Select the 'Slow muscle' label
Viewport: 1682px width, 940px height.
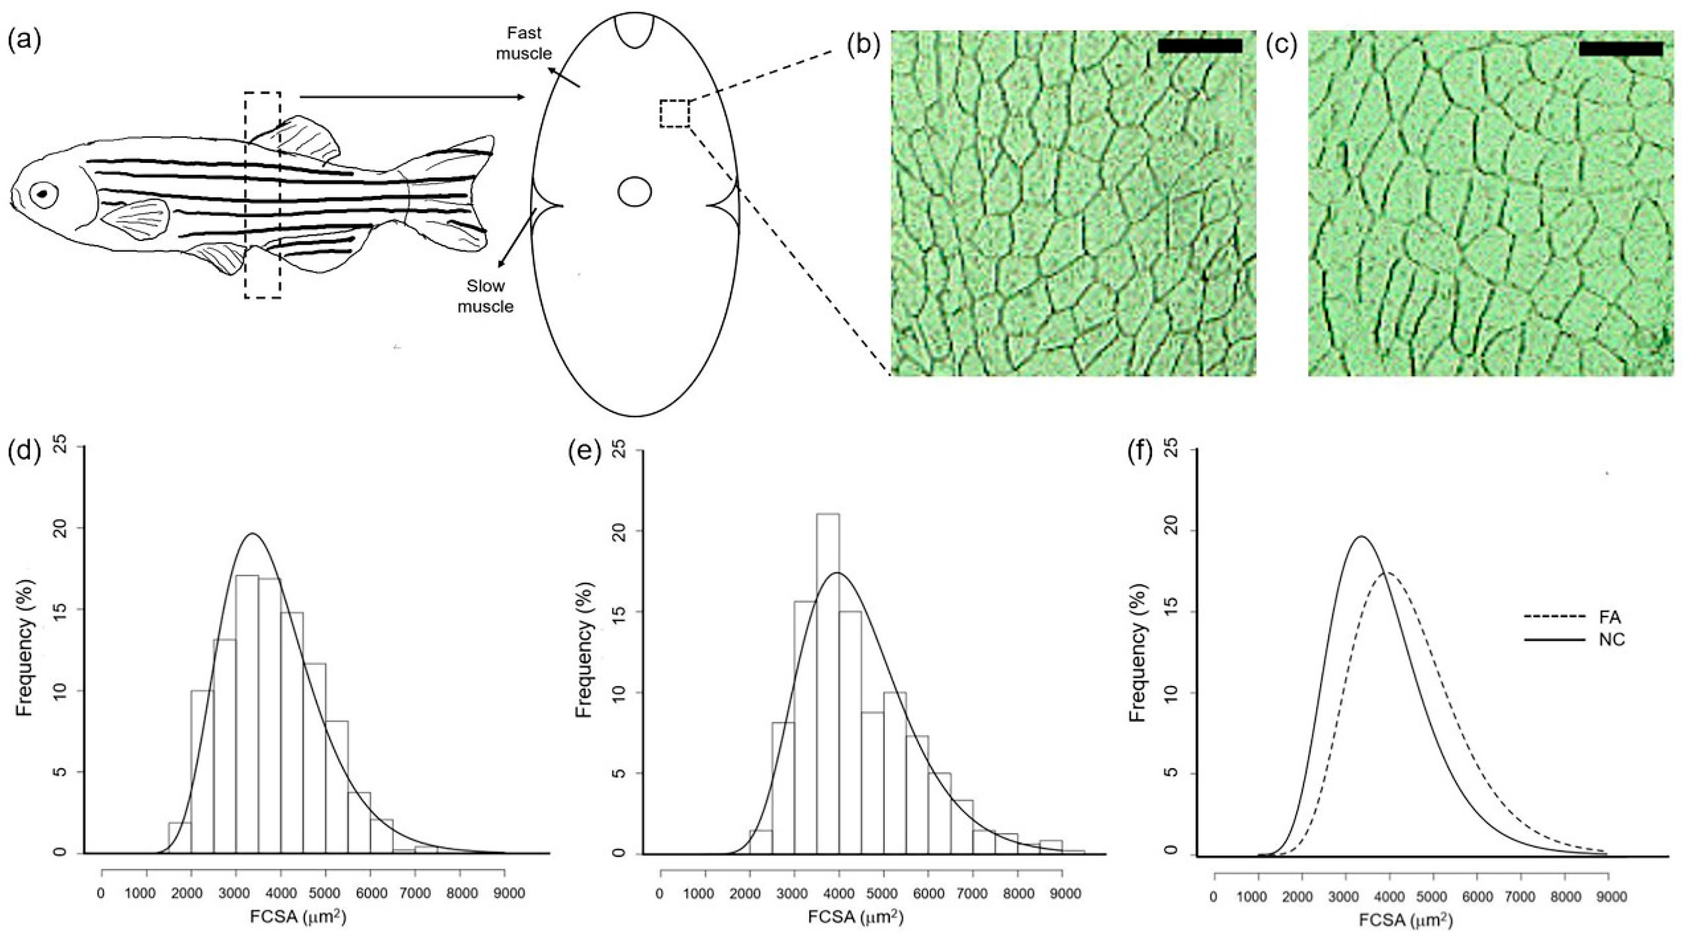[x=485, y=296]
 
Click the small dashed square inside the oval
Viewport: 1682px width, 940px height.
[x=674, y=113]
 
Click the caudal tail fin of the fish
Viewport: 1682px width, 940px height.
[x=457, y=196]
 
